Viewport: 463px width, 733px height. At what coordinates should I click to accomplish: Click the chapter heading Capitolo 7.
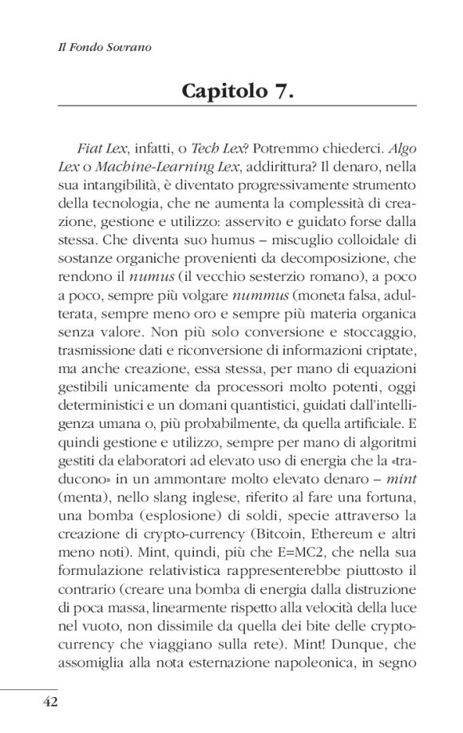coord(239,90)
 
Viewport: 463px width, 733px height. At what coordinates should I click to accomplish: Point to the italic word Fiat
coord(93,149)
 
